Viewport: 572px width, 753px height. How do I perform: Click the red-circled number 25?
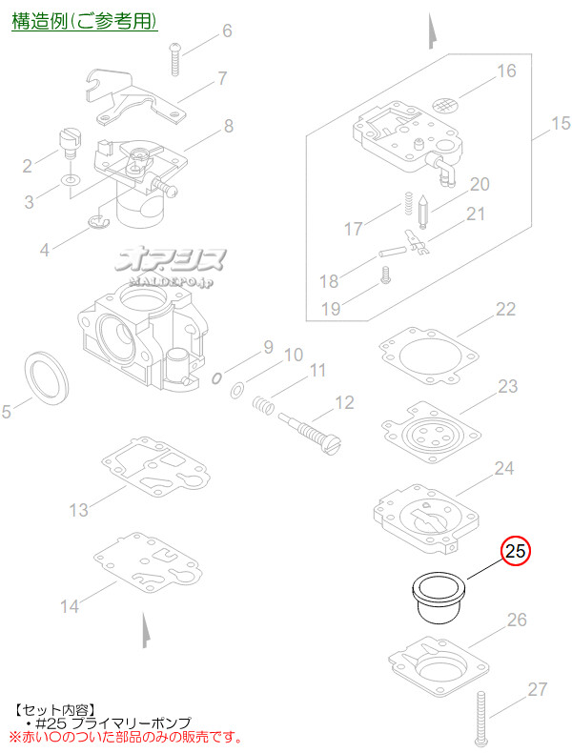coord(516,552)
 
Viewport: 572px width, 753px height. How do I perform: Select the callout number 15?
coord(559,124)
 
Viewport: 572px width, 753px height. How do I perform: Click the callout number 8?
coord(229,124)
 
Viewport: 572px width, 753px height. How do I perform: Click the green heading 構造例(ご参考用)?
coord(85,21)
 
